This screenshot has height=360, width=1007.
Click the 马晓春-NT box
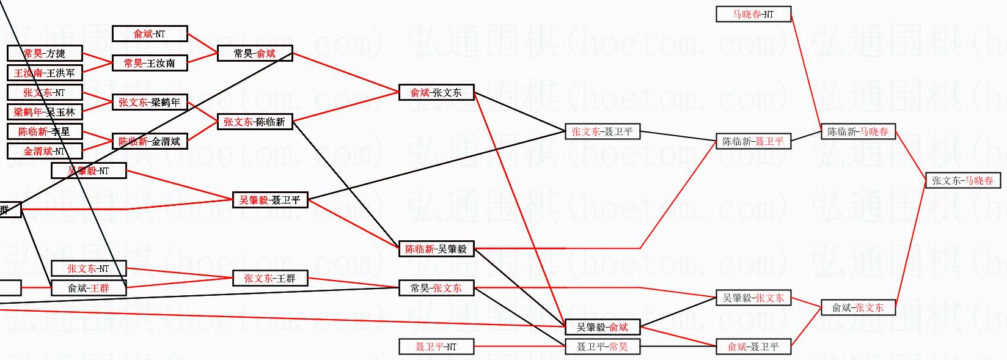pyautogui.click(x=753, y=14)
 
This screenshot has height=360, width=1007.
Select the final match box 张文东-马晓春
pyautogui.click(x=963, y=180)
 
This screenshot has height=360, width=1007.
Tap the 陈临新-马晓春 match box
pyautogui.click(x=858, y=131)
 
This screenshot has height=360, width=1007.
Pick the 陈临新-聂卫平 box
pyautogui.click(x=753, y=141)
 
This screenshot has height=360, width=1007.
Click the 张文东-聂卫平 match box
pyautogui.click(x=602, y=131)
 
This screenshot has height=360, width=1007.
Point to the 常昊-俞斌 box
pyautogui.click(x=255, y=54)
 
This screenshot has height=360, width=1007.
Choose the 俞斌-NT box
pyautogui.click(x=150, y=34)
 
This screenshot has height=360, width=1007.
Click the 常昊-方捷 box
pyautogui.click(x=45, y=54)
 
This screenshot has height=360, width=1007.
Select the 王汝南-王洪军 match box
pyautogui.click(x=45, y=73)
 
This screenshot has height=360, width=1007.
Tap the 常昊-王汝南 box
pyautogui.click(x=150, y=63)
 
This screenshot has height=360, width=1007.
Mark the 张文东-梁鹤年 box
pyautogui.click(x=150, y=102)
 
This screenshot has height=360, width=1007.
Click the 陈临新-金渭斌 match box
pyautogui.click(x=150, y=141)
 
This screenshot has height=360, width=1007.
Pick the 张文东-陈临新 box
pyautogui.click(x=255, y=122)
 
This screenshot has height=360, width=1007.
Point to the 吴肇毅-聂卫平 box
pyautogui.click(x=270, y=200)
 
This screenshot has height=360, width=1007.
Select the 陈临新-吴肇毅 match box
pyautogui.click(x=436, y=249)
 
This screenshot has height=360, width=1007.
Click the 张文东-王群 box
pyautogui.click(x=270, y=278)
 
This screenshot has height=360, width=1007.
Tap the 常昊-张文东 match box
pyautogui.click(x=436, y=288)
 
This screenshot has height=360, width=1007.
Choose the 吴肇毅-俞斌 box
pyautogui.click(x=602, y=327)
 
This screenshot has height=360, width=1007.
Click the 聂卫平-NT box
pyautogui.click(x=436, y=347)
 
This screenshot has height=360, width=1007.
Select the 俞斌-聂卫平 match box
pyautogui.click(x=753, y=347)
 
